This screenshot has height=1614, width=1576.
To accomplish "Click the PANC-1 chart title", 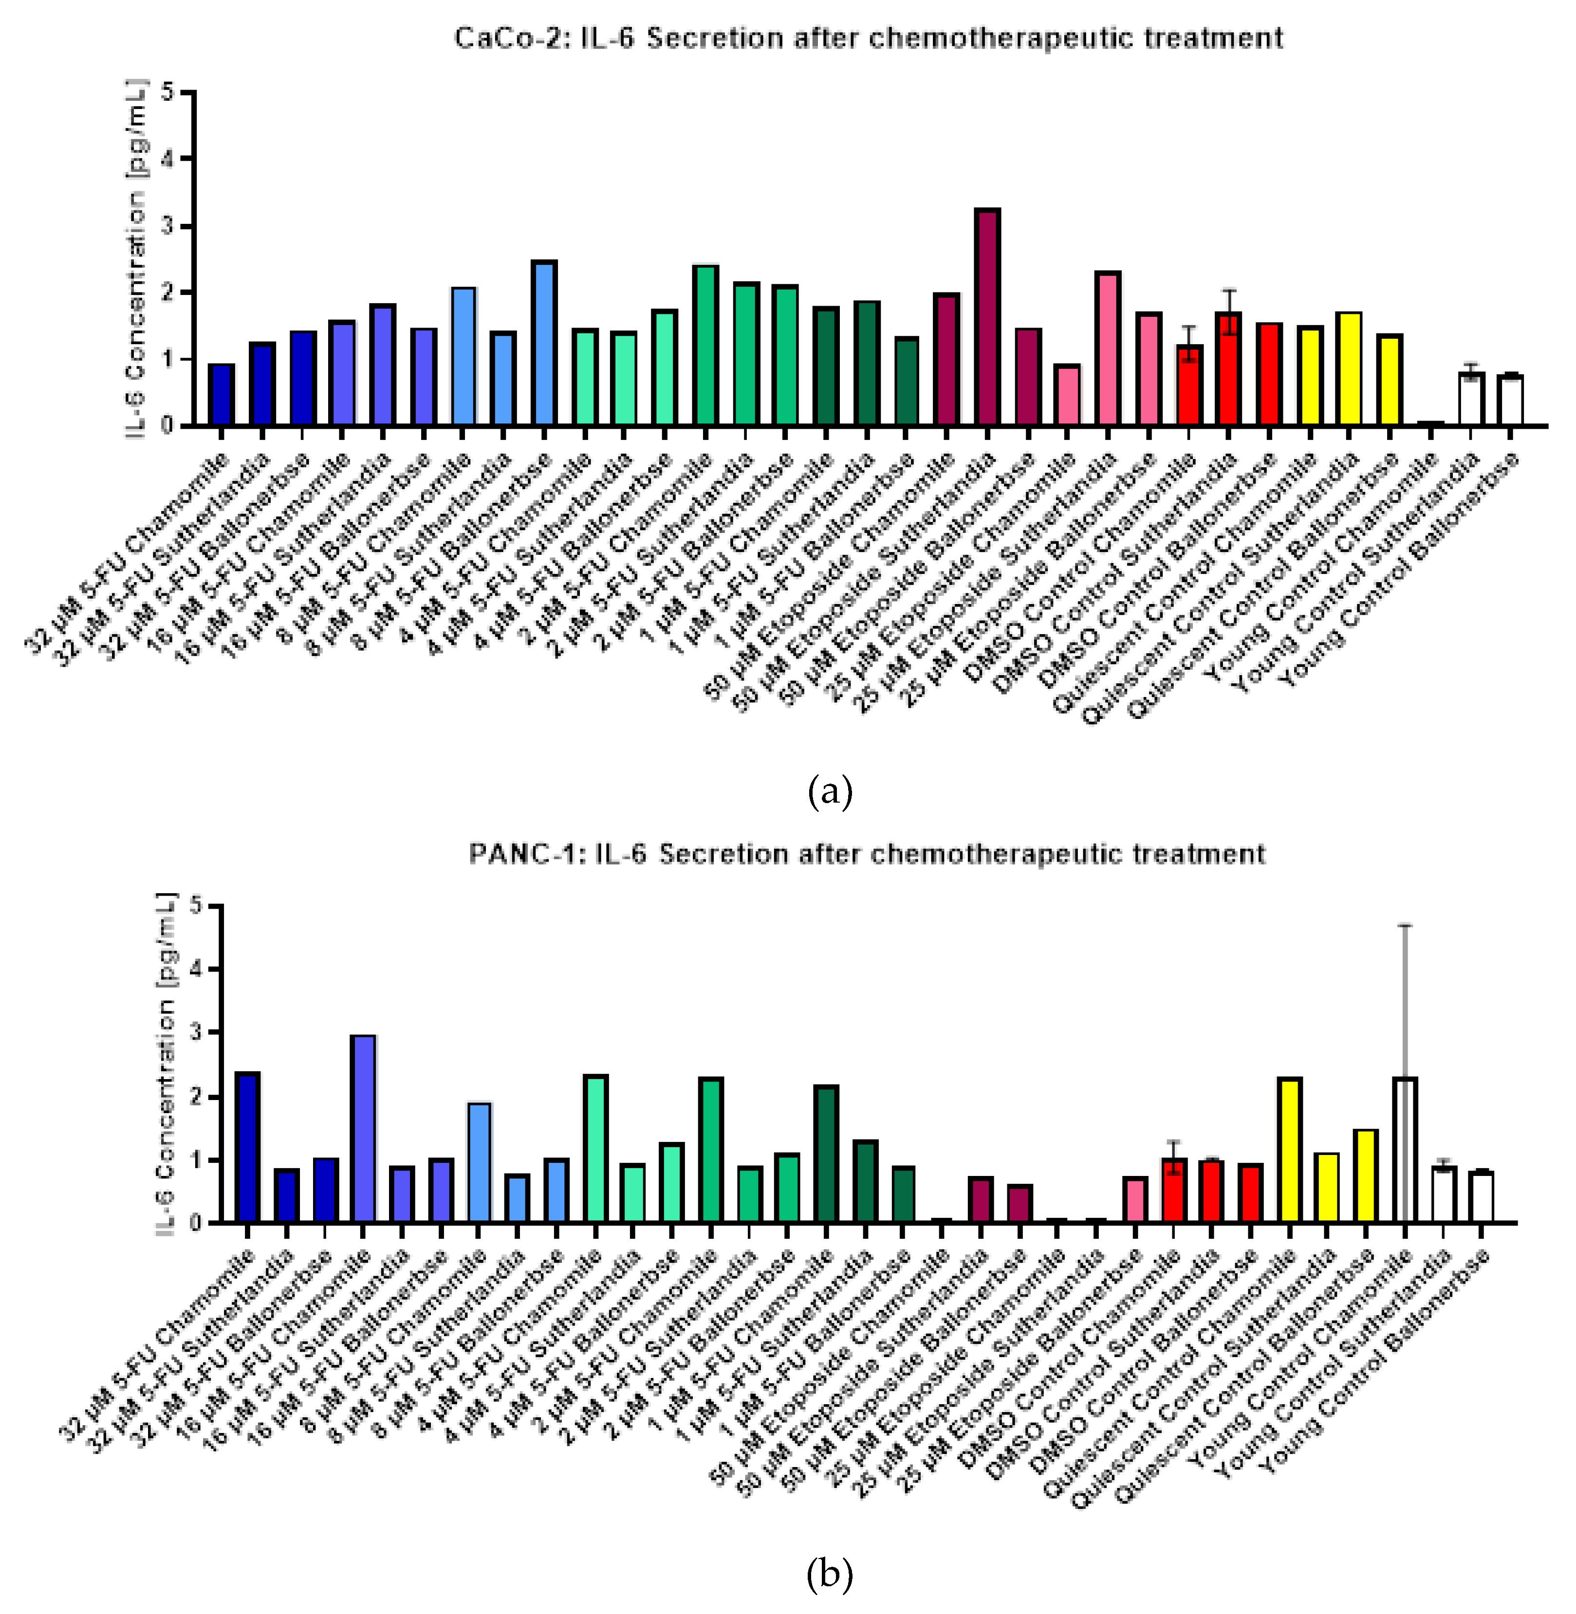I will point(867,853).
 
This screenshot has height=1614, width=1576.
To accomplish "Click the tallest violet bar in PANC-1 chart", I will point(363,1128).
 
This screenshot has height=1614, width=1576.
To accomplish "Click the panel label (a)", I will point(830,791).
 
